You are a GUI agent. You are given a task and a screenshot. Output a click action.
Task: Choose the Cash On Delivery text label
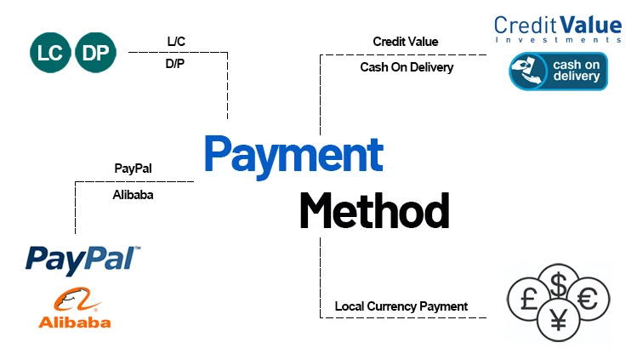pos(407,67)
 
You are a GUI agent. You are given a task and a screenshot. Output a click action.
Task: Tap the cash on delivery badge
pos(559,71)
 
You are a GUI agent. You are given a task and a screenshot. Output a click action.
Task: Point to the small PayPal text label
pos(133,169)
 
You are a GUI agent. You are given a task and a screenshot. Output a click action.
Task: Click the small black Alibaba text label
pos(133,193)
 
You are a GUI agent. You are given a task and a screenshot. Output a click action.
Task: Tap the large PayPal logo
pos(83,258)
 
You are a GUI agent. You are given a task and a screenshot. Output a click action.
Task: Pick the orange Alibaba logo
pos(75,308)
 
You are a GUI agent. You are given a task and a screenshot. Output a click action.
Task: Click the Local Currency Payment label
pos(401,306)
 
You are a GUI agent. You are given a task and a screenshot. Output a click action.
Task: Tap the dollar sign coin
pos(559,284)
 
